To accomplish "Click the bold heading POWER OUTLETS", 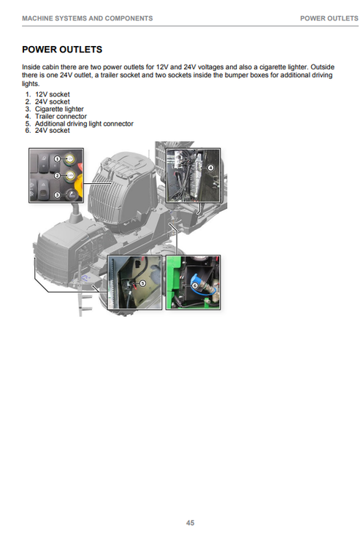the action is tap(62, 50).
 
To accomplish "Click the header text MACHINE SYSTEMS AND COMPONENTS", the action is tap(88, 18).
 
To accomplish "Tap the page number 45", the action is tap(190, 523).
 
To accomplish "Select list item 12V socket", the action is tap(53, 94).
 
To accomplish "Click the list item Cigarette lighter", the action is tap(59, 109).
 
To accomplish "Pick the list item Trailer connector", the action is tap(61, 116).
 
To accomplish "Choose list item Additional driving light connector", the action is tap(84, 123).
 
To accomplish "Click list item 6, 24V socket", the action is tap(53, 131).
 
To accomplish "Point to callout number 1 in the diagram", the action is tap(57, 159).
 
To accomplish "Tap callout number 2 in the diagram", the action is tap(57, 176).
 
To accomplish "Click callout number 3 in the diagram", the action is tap(57, 195).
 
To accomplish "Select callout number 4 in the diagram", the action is tap(210, 168).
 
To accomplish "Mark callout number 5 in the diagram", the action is tap(142, 283).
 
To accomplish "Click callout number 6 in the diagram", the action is tap(194, 286).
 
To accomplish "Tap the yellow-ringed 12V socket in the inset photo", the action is tap(70, 158).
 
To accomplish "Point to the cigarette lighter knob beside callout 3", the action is tap(71, 195).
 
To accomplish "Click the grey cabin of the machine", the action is tap(121, 191).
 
